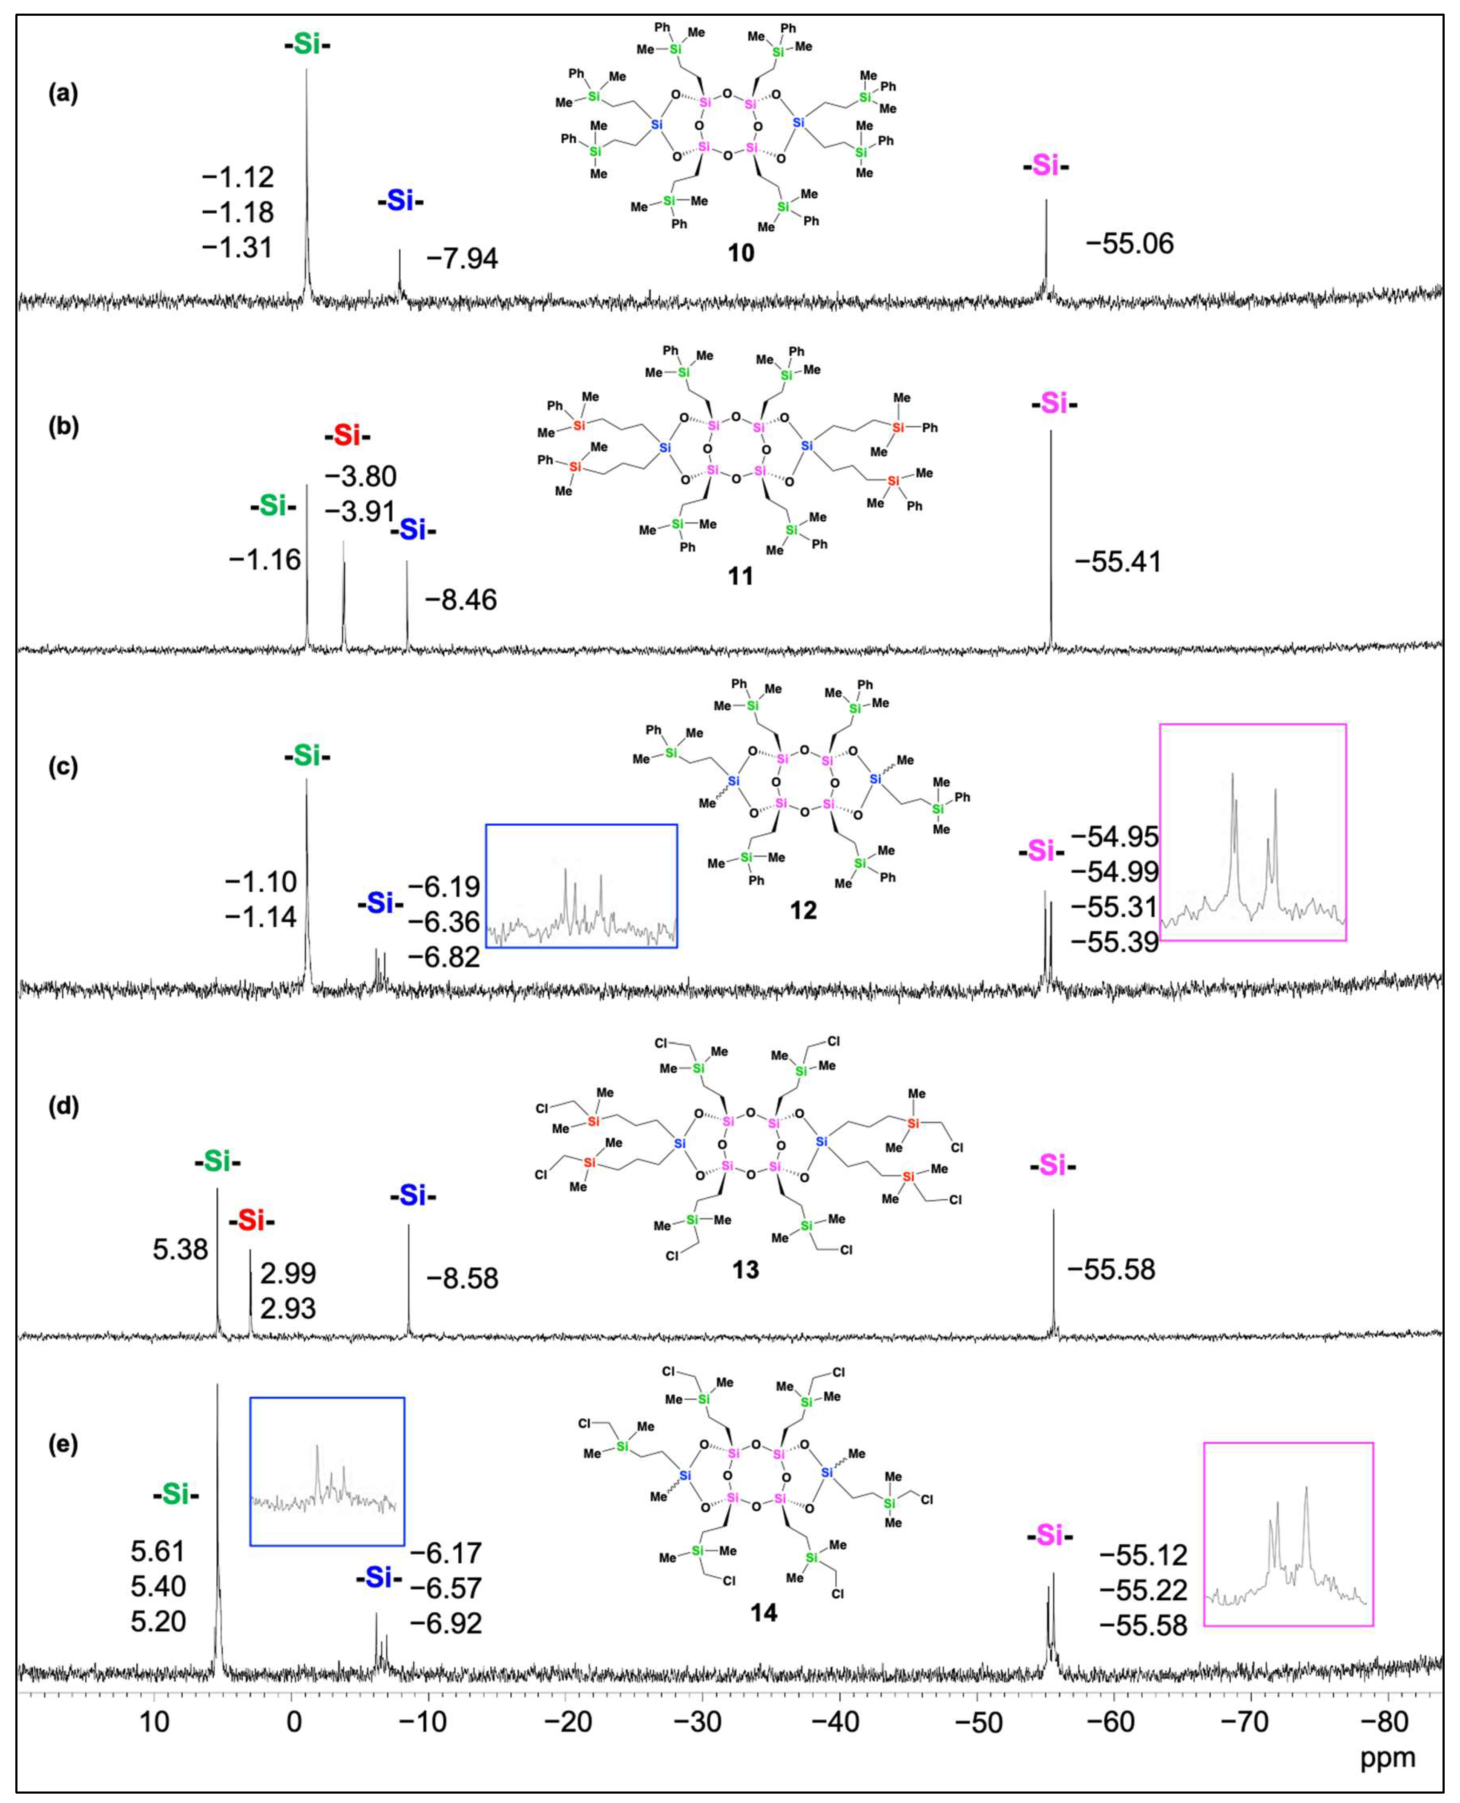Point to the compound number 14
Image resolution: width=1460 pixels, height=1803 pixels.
[764, 1612]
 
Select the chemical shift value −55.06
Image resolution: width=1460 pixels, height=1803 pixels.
[1129, 244]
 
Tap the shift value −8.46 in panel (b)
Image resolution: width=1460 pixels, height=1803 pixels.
[461, 600]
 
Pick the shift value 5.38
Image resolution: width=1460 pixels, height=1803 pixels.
[180, 1249]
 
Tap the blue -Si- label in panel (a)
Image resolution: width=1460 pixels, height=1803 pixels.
[400, 202]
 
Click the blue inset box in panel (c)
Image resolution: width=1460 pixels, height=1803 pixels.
[581, 885]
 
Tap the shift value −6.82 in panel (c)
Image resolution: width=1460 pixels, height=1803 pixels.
[444, 957]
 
